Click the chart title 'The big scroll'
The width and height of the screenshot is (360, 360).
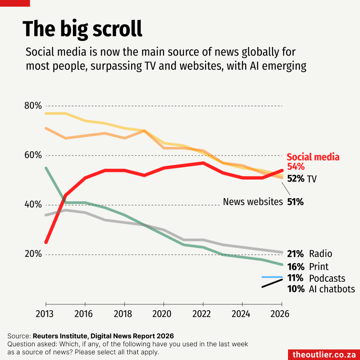click(82, 29)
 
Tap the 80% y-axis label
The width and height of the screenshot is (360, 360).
click(33, 106)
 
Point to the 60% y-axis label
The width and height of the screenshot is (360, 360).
click(33, 156)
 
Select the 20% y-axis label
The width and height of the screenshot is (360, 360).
click(33, 254)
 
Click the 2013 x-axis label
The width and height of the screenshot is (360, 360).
click(44, 314)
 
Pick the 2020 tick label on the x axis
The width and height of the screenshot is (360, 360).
click(162, 314)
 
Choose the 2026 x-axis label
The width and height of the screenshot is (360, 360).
click(280, 314)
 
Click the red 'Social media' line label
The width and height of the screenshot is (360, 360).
click(313, 157)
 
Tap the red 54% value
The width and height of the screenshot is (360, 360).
click(296, 167)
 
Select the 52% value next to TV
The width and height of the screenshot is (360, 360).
click(296, 179)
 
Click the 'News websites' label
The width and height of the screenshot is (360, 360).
click(253, 202)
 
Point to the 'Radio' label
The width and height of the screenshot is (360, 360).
click(320, 254)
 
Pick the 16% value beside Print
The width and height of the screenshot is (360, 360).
click(296, 267)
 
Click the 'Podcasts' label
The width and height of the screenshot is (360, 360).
click(327, 278)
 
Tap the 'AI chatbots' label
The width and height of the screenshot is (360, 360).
click(332, 289)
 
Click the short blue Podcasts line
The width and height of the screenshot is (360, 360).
click(272, 277)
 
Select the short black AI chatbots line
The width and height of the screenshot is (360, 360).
click(272, 283)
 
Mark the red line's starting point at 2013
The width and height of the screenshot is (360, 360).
click(46, 242)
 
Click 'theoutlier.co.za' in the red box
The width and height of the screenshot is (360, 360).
click(324, 355)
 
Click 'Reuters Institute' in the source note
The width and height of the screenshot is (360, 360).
click(60, 336)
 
